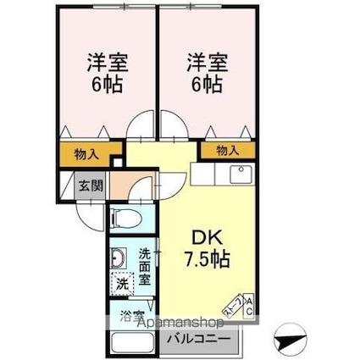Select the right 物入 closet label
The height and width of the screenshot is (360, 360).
click(x=226, y=151)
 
